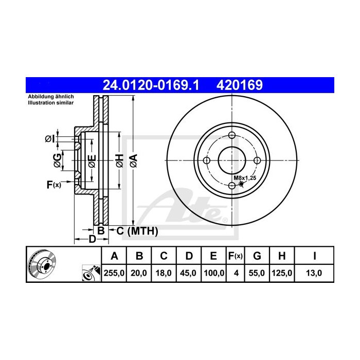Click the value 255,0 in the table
114,274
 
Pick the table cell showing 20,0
139,274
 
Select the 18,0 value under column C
164,274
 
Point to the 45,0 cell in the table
189,274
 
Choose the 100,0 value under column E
214,274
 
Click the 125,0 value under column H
282,274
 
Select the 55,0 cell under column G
258,274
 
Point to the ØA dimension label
133,160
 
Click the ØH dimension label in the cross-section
118,160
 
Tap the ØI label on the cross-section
50,138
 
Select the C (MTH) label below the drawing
136,231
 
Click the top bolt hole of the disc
231,136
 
